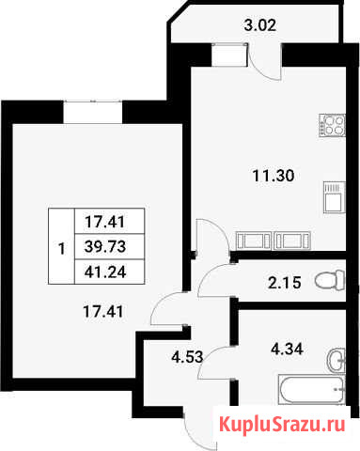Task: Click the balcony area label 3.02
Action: (260, 25)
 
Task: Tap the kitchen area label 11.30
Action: (274, 176)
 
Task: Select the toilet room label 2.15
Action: (285, 283)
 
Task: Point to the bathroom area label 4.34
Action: (287, 350)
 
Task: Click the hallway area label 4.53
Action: (187, 357)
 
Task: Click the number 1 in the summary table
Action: (62, 249)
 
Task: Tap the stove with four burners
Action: (332, 125)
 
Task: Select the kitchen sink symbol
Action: (335, 197)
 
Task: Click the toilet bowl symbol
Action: (330, 281)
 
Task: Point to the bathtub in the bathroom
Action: (311, 390)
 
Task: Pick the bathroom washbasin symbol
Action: (337, 360)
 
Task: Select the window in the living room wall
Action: (93, 112)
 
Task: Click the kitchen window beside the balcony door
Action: (229, 55)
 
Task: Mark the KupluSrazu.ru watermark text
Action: (282, 425)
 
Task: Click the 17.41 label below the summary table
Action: (103, 311)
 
